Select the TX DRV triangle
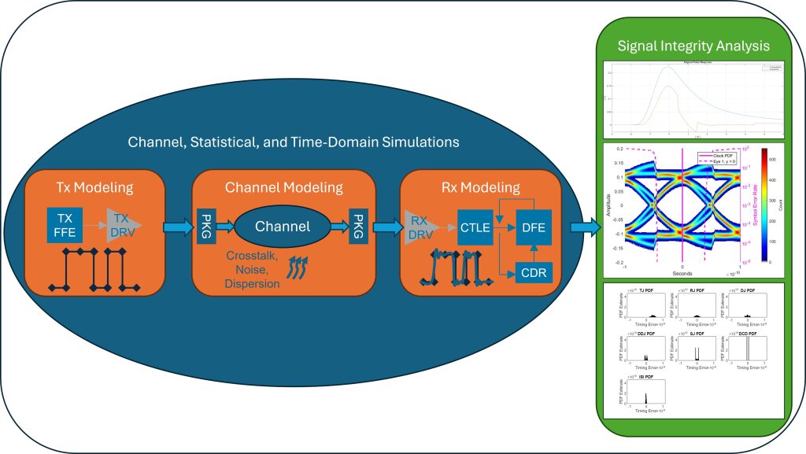tap(121, 223)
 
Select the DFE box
tap(532, 228)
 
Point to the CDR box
tap(532, 271)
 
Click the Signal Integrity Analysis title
tap(693, 46)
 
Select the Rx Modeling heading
tap(479, 187)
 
